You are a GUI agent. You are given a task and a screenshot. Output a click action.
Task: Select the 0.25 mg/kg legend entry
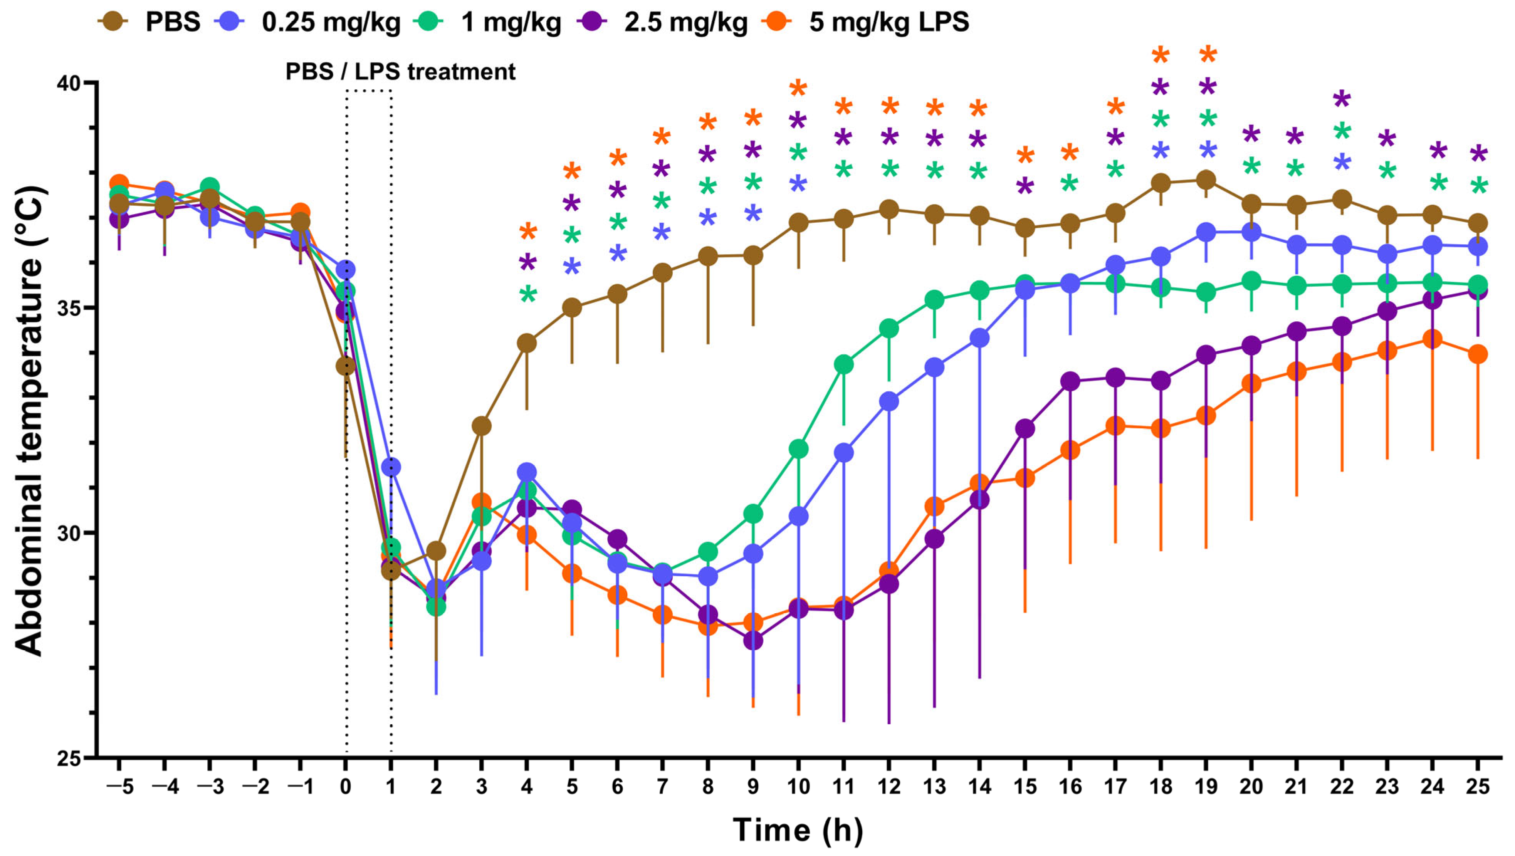tap(312, 22)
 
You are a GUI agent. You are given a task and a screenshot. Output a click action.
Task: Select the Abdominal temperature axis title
tap(29, 420)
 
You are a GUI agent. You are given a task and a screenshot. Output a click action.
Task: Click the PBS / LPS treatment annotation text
tap(400, 72)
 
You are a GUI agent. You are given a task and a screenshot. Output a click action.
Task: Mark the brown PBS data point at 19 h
tap(1206, 180)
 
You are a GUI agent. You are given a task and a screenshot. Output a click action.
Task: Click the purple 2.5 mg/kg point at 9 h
tap(753, 640)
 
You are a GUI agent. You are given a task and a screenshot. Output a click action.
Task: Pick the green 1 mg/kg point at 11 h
tap(843, 364)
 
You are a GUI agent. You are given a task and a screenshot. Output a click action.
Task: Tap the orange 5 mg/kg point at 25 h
tap(1477, 354)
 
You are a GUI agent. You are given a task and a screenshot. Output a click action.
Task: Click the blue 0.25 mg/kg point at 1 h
tap(391, 467)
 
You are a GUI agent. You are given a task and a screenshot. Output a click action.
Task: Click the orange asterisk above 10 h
tap(798, 89)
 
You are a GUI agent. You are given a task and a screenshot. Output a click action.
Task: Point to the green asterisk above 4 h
tap(527, 294)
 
